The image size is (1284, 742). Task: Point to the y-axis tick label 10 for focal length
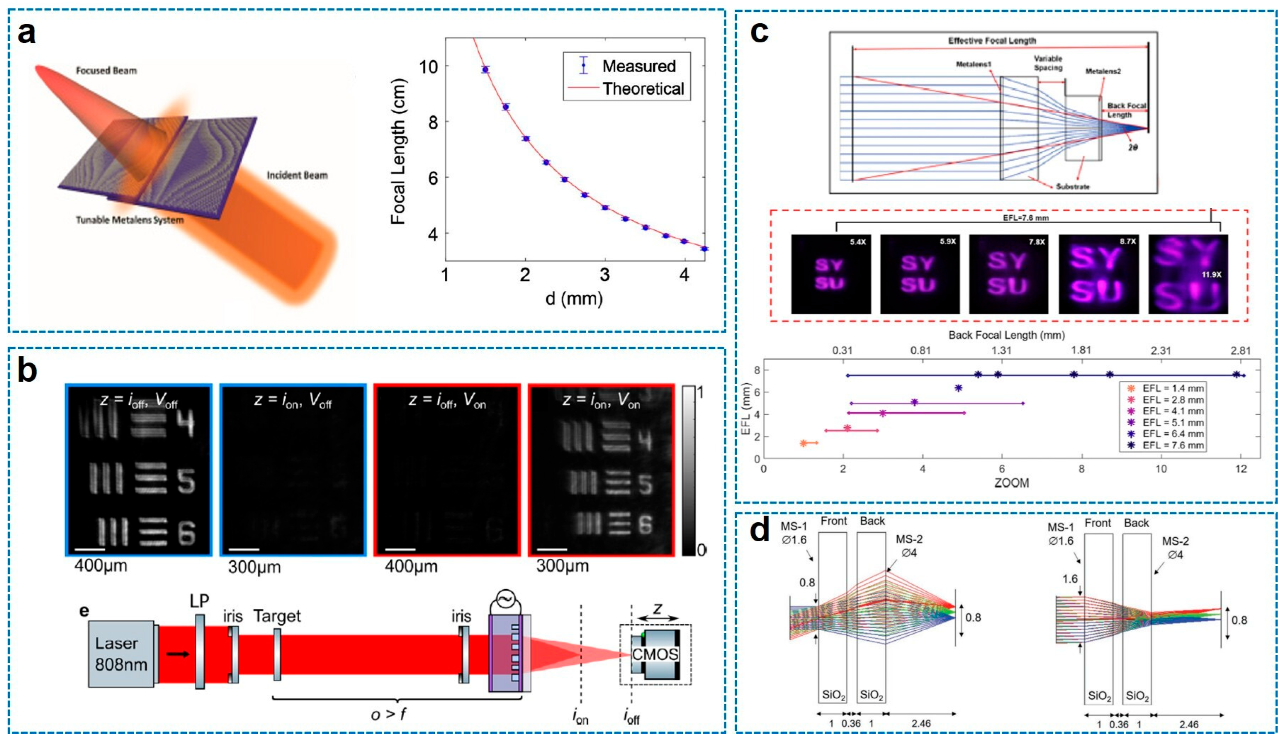[428, 66]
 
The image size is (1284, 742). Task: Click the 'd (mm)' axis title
[574, 298]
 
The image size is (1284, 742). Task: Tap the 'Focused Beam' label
[106, 70]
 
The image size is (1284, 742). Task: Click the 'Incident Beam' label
[297, 175]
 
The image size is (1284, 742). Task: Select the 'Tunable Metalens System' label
[129, 220]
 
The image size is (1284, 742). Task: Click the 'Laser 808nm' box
[121, 654]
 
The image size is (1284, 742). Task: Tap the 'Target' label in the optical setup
[277, 616]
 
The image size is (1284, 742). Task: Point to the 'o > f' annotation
[388, 714]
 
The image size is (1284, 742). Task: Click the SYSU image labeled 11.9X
[1188, 274]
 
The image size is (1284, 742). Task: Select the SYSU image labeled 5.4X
[830, 274]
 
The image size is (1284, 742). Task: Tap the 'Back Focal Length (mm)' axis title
[1007, 335]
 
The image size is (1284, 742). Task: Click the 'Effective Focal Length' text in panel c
[992, 40]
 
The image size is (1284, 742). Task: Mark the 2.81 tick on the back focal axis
[1240, 350]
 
